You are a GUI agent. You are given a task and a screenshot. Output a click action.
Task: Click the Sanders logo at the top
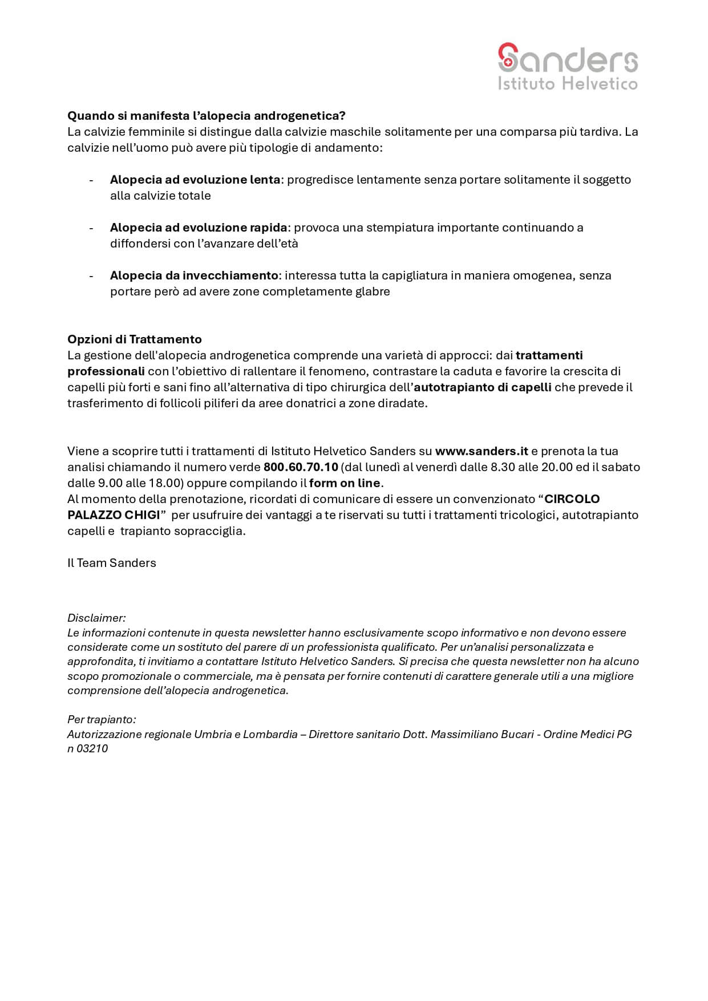point(568,58)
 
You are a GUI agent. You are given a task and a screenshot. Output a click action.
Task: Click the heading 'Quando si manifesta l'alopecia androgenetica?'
point(207,116)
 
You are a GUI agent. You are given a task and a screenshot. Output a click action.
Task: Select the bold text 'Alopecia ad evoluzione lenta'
point(195,180)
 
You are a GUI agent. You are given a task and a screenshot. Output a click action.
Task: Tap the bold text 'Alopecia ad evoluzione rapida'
point(199,228)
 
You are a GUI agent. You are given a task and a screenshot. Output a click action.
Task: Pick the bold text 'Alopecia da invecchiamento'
point(194,275)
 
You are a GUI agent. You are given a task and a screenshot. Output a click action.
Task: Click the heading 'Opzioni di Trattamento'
point(135,339)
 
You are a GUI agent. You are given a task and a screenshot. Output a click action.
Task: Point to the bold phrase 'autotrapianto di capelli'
point(483,387)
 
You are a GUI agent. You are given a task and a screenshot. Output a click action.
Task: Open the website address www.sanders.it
point(482,451)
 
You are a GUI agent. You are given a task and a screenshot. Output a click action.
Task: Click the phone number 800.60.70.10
point(301,467)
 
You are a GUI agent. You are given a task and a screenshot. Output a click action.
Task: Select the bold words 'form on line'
point(345,483)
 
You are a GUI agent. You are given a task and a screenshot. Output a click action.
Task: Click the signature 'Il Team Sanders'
point(112,563)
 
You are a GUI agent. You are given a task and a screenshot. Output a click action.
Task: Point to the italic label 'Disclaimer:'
point(96,618)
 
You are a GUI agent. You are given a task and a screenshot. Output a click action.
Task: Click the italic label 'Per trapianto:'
point(102,719)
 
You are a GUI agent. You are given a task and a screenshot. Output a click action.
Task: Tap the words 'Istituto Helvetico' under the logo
point(568,84)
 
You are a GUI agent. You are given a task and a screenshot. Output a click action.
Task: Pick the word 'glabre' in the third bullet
point(373,291)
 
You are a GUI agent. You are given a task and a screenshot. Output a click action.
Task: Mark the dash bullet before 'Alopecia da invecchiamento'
point(91,275)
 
